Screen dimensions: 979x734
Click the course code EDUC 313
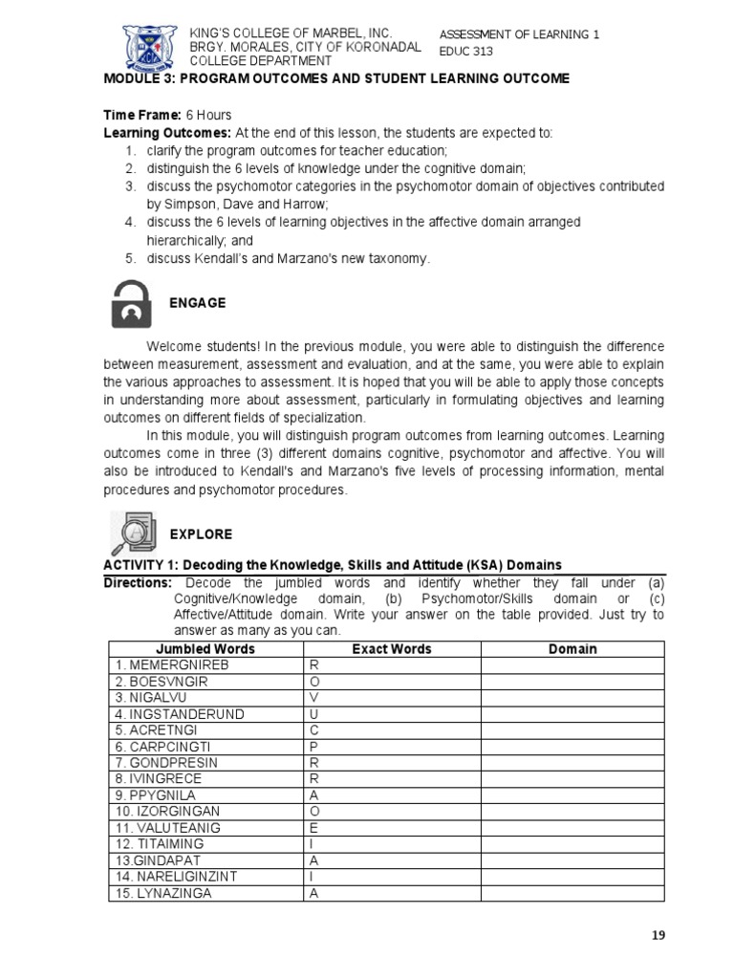466,53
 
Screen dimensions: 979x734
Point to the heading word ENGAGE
197,303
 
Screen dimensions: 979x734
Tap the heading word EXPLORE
201,533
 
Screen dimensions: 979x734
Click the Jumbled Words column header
205,649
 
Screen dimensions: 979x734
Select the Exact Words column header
392,649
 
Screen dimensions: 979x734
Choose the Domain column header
572,649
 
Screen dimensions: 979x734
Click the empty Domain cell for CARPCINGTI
572,747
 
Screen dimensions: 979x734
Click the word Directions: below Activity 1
138,583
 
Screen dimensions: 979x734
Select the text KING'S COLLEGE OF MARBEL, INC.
278,33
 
